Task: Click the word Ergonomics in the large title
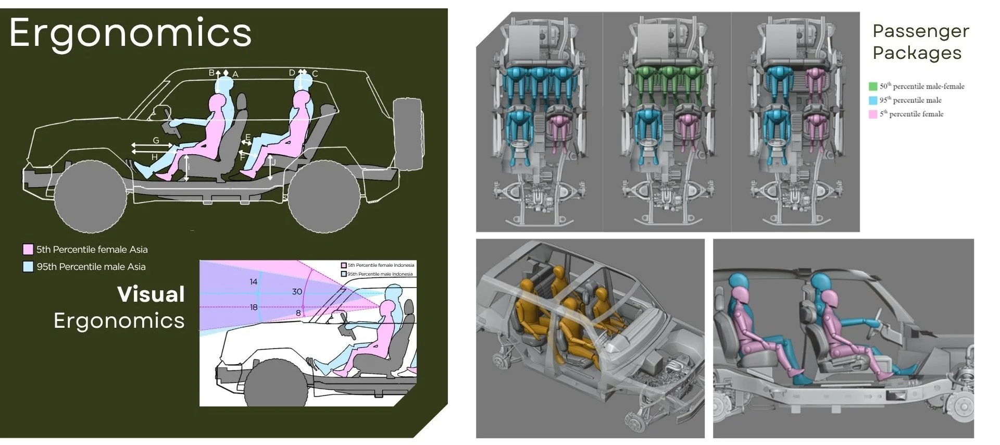click(130, 33)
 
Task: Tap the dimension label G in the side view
click(156, 140)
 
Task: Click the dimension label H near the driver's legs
click(154, 157)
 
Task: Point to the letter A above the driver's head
click(235, 75)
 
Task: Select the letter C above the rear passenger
click(315, 73)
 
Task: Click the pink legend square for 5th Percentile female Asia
click(28, 250)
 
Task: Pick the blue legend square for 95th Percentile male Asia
click(28, 267)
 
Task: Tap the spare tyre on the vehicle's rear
click(408, 134)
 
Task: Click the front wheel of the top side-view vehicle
click(90, 197)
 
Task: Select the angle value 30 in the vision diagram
click(297, 292)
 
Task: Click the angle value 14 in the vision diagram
click(253, 282)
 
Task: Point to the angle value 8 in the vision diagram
click(298, 313)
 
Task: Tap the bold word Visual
click(151, 294)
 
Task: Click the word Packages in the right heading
click(917, 53)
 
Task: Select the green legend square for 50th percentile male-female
click(873, 86)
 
